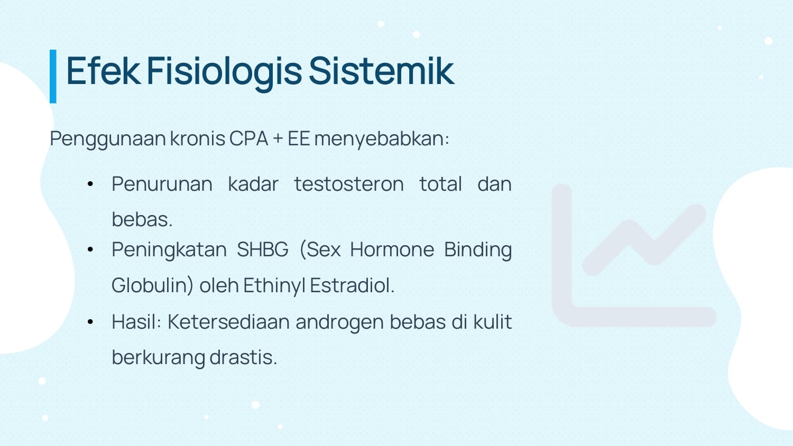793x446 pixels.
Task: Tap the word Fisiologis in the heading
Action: pyautogui.click(x=224, y=73)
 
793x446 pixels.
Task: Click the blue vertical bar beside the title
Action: pyautogui.click(x=53, y=77)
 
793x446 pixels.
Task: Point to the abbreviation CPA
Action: pyautogui.click(x=248, y=138)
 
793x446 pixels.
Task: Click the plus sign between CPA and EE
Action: pyautogui.click(x=278, y=139)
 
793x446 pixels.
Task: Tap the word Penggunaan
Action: pyautogui.click(x=108, y=140)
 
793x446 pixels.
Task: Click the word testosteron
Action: pyautogui.click(x=349, y=184)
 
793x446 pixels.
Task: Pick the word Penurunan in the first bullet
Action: pyautogui.click(x=162, y=184)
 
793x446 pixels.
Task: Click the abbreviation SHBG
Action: pyautogui.click(x=263, y=249)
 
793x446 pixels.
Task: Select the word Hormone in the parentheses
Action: pyautogui.click(x=392, y=249)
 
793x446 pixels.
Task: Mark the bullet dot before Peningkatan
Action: pyautogui.click(x=90, y=249)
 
